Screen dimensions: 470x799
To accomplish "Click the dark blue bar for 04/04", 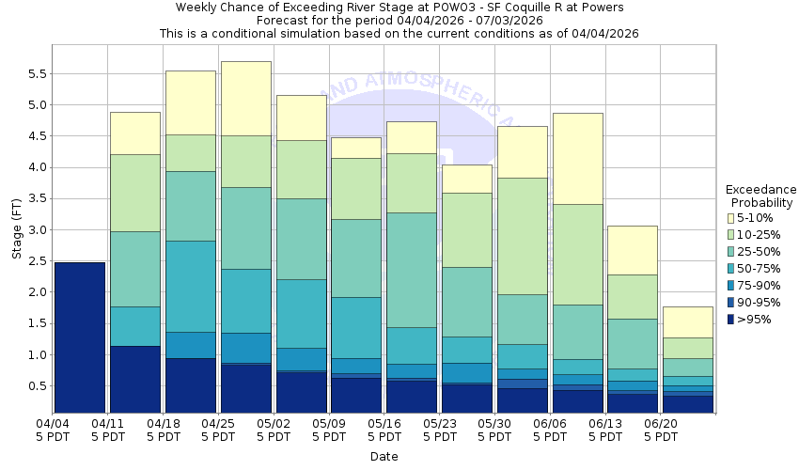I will pyautogui.click(x=80, y=337).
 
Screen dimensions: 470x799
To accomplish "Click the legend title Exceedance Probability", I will pyautogui.click(x=761, y=196).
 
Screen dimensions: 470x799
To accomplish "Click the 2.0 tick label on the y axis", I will pyautogui.click(x=35, y=292).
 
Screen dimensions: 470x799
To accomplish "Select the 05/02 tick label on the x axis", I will pyautogui.click(x=274, y=430).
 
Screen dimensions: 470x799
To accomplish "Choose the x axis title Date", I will pyautogui.click(x=384, y=457).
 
